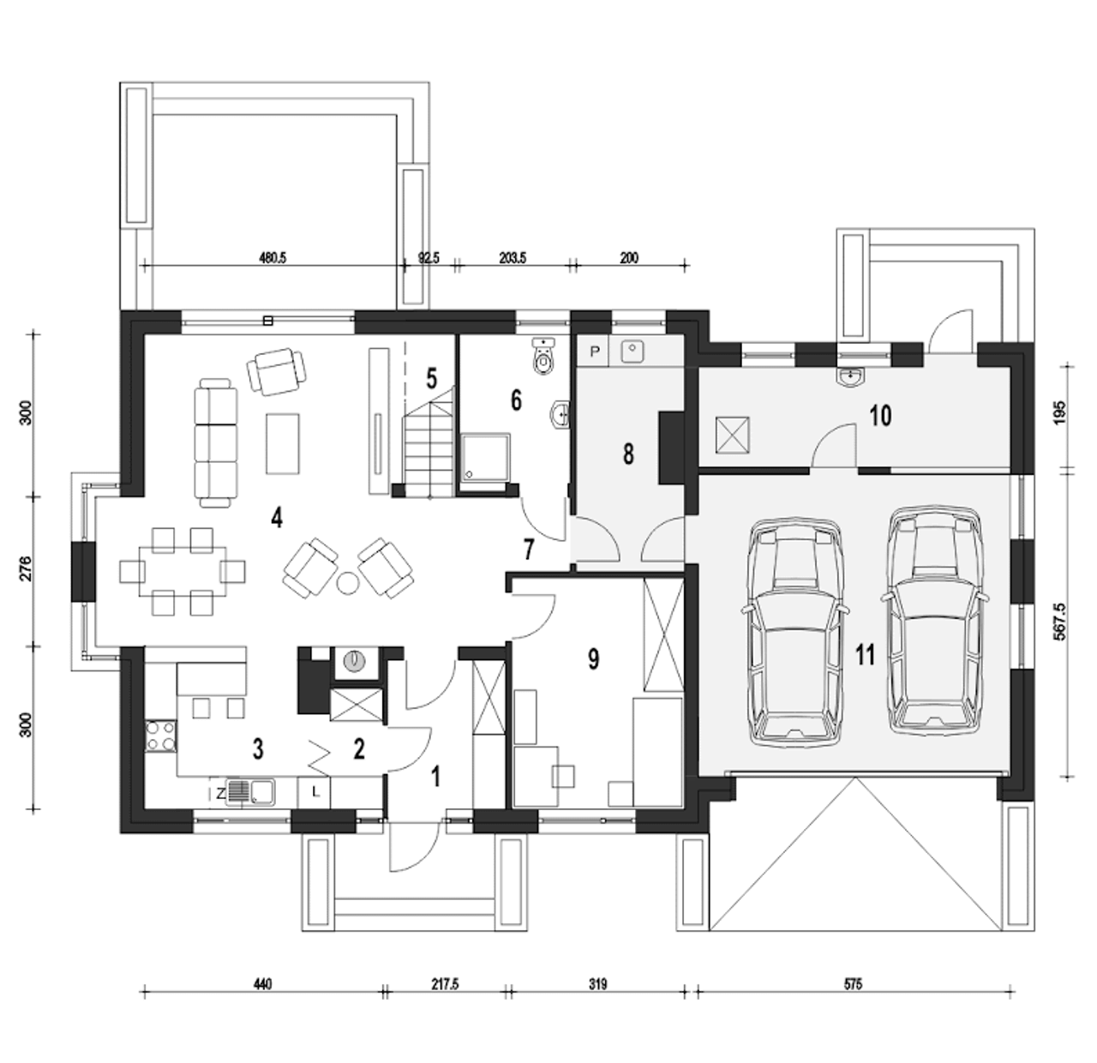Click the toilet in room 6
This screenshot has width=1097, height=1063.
tap(543, 356)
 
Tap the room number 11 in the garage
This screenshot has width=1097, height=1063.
tap(866, 655)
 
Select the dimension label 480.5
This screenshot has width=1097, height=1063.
tap(273, 258)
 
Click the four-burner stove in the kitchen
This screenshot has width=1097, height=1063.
tap(160, 736)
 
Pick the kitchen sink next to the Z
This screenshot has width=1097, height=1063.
tap(250, 791)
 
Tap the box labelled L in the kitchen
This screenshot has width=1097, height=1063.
tap(314, 792)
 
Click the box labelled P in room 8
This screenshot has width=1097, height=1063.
tap(594, 351)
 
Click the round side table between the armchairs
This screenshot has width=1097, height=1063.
tap(347, 583)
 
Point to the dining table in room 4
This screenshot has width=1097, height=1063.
tap(183, 571)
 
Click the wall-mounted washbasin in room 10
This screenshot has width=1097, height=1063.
tap(850, 377)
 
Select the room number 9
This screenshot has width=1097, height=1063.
tap(593, 658)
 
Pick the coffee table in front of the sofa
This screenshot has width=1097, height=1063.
tap(283, 443)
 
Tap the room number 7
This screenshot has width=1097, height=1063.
tap(528, 550)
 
